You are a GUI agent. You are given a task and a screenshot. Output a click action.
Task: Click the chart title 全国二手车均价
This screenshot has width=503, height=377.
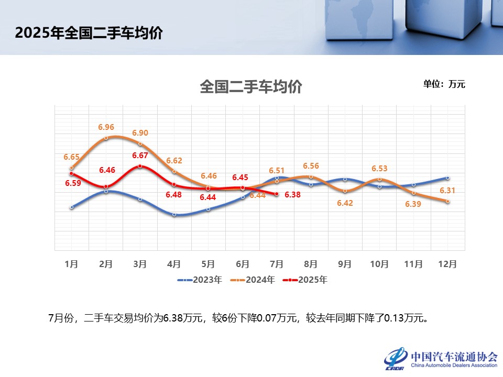(x=250, y=86)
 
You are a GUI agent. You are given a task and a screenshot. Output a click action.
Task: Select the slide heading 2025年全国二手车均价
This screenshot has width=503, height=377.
(x=89, y=33)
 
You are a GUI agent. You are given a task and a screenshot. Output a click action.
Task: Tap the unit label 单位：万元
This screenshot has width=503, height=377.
(x=444, y=84)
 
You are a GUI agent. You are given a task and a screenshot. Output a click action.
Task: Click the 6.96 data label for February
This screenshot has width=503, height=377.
(x=106, y=127)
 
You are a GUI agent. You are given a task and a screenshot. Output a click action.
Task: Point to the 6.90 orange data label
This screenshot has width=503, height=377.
(x=140, y=133)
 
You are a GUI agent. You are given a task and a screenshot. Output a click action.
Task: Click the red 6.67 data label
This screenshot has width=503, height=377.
(x=140, y=156)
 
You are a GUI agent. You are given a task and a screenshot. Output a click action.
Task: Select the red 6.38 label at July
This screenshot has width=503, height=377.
(x=293, y=194)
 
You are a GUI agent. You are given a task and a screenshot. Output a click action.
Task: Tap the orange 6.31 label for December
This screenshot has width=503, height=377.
(x=447, y=190)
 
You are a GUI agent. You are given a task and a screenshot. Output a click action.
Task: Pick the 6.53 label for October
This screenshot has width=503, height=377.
(x=379, y=169)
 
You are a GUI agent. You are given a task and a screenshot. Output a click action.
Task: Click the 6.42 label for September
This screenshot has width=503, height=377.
(x=345, y=203)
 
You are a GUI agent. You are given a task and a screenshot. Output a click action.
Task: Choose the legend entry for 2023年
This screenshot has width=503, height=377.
(x=200, y=280)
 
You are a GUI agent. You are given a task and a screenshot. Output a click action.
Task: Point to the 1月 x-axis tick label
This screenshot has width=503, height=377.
(x=71, y=264)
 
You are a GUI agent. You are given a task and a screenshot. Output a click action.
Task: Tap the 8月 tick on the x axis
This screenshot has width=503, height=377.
(x=311, y=264)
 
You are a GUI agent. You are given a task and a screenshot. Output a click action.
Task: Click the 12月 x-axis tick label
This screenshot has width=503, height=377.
(x=447, y=264)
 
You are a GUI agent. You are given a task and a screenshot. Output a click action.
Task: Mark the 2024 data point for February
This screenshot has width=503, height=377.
(x=106, y=138)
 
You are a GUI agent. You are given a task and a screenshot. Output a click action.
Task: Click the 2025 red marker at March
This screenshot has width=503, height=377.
(x=140, y=166)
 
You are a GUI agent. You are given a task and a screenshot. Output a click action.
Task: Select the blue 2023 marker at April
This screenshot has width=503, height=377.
(x=174, y=215)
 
